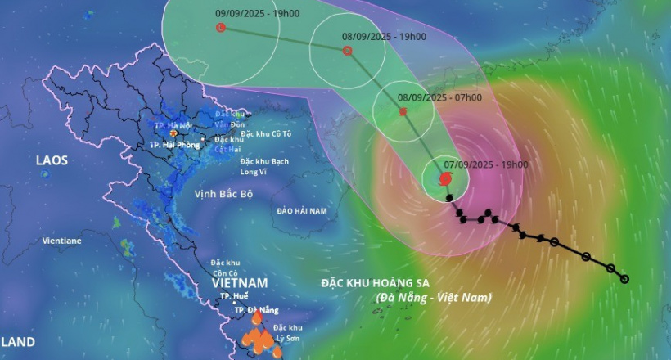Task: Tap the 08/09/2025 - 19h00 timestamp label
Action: coord(384,37)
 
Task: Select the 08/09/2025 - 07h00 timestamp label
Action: coord(439,97)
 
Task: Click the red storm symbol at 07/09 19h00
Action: coord(444,178)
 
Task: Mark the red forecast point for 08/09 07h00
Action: coord(403,110)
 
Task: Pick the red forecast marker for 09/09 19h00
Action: coord(220,28)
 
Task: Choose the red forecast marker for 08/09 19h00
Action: coord(347,51)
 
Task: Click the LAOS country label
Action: coord(52,160)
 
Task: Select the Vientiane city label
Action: coord(62,241)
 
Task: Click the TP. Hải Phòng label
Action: coord(175,144)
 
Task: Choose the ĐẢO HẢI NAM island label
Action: coord(301,211)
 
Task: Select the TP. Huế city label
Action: coord(234,296)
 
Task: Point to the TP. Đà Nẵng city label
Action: coord(256,310)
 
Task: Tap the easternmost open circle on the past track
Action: coord(624,279)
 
